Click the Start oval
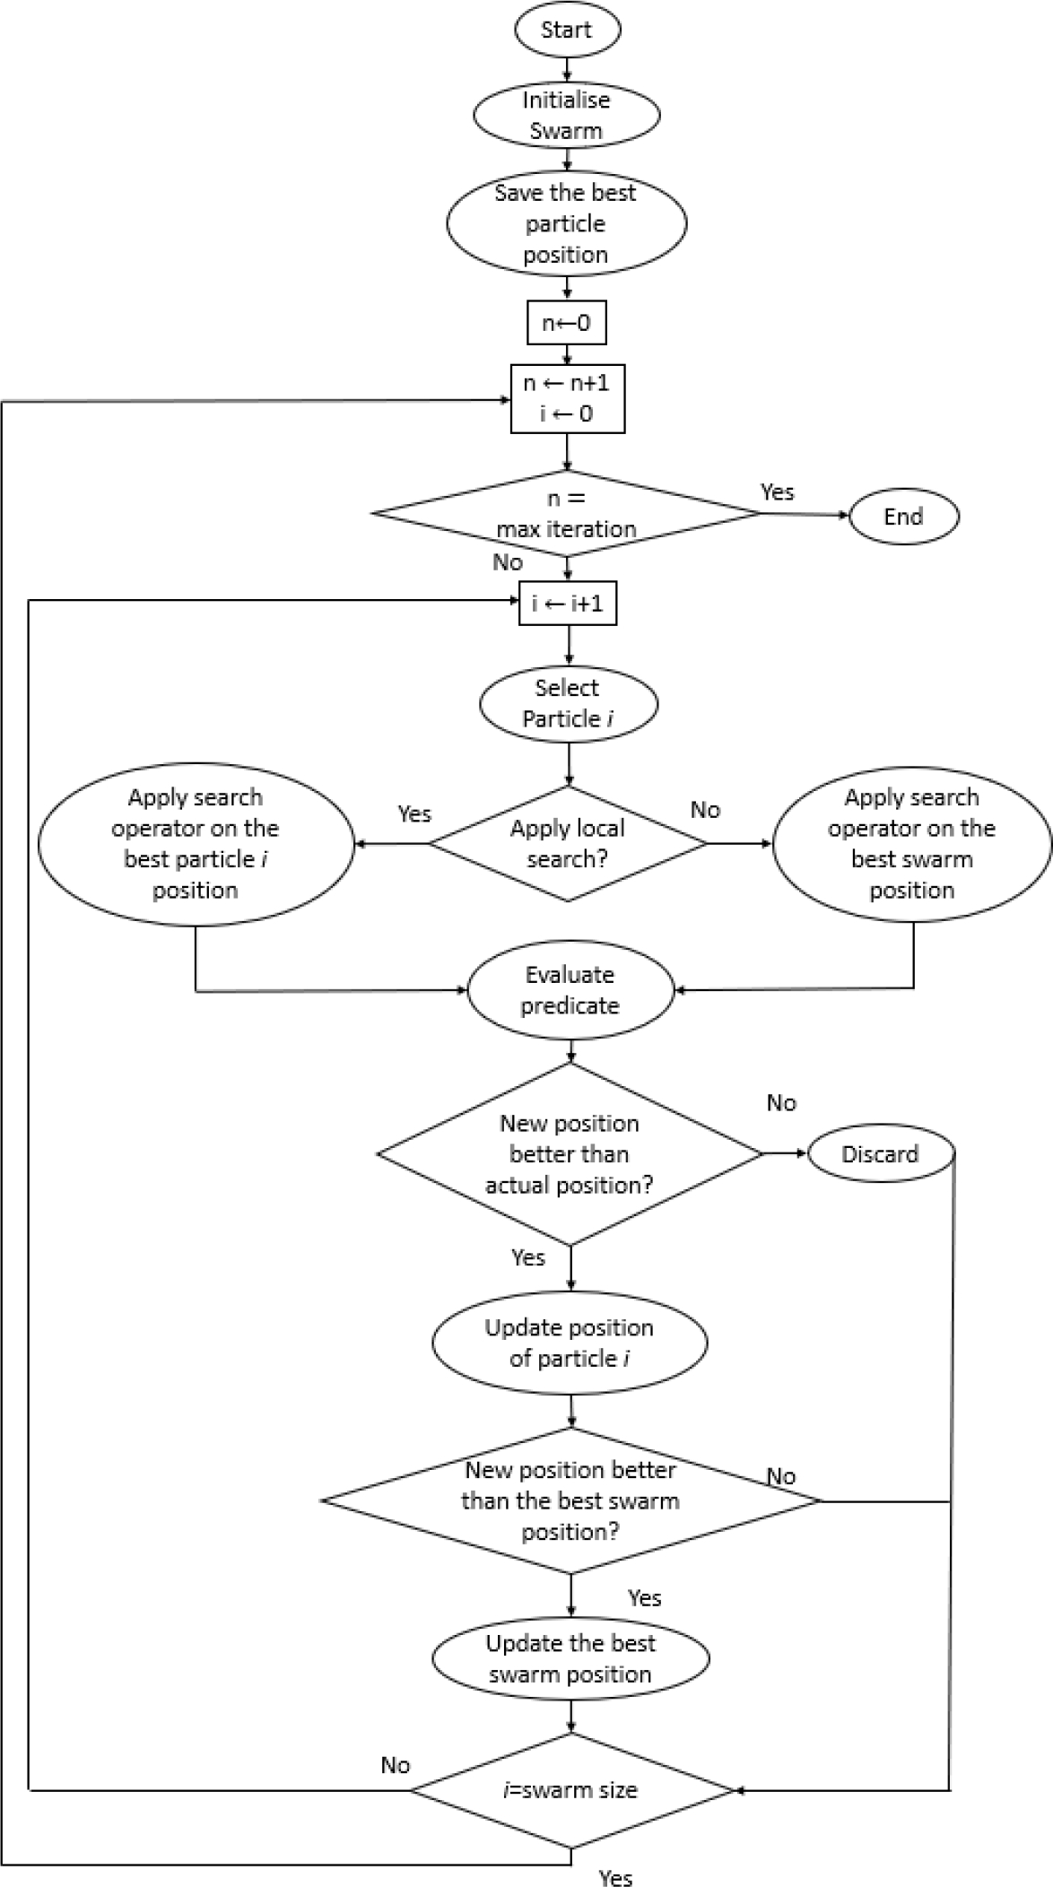567,30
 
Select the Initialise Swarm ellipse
567,115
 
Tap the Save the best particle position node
567,223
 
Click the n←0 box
567,322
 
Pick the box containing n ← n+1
567,398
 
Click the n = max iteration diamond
567,514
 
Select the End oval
903,517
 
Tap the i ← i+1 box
568,604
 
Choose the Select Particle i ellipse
569,703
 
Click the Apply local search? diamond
568,843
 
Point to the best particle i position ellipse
196,844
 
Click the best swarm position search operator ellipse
911,844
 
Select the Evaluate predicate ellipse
570,990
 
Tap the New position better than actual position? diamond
570,1154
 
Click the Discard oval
880,1154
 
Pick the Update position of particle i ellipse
570,1343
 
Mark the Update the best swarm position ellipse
570,1658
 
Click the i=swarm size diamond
571,1790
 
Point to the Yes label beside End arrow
778,491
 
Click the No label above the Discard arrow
781,1102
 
